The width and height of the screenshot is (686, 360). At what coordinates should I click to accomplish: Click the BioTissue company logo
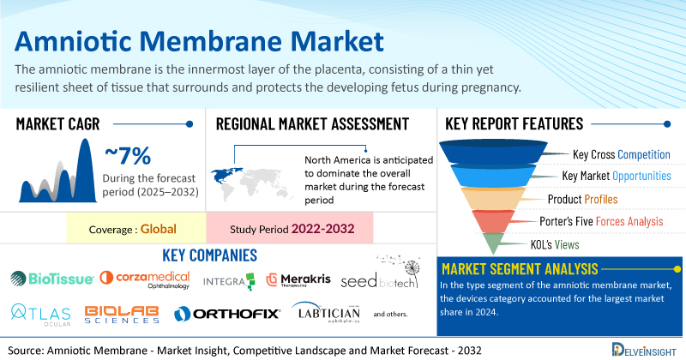[x=52, y=279]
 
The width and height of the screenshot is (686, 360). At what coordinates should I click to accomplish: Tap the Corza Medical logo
[x=145, y=280]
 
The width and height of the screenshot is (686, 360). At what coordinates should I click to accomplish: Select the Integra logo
[x=228, y=282]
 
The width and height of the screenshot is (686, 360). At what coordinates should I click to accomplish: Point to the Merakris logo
[x=298, y=280]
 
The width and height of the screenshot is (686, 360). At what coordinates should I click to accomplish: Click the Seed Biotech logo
[x=380, y=273]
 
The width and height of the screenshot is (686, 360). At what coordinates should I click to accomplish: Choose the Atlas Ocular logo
[x=40, y=315]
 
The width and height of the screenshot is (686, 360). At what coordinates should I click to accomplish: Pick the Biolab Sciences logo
[x=122, y=315]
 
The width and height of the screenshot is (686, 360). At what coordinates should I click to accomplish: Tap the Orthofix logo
[x=226, y=314]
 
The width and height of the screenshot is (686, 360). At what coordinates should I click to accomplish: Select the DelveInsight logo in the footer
[x=644, y=350]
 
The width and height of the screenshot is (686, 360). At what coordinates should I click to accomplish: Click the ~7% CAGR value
[x=128, y=156]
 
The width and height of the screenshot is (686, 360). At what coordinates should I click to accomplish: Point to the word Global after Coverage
[x=159, y=229]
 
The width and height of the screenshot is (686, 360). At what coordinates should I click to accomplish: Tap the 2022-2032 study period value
[x=323, y=229]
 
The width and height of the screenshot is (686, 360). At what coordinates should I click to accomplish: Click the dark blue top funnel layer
[x=493, y=152]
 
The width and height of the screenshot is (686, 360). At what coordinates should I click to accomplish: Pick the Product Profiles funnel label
[x=582, y=200]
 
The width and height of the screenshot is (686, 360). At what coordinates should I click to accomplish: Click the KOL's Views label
[x=555, y=244]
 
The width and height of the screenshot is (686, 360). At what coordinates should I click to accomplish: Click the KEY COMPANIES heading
[x=209, y=255]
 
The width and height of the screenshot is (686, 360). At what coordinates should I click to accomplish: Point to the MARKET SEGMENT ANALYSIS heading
[x=520, y=268]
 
